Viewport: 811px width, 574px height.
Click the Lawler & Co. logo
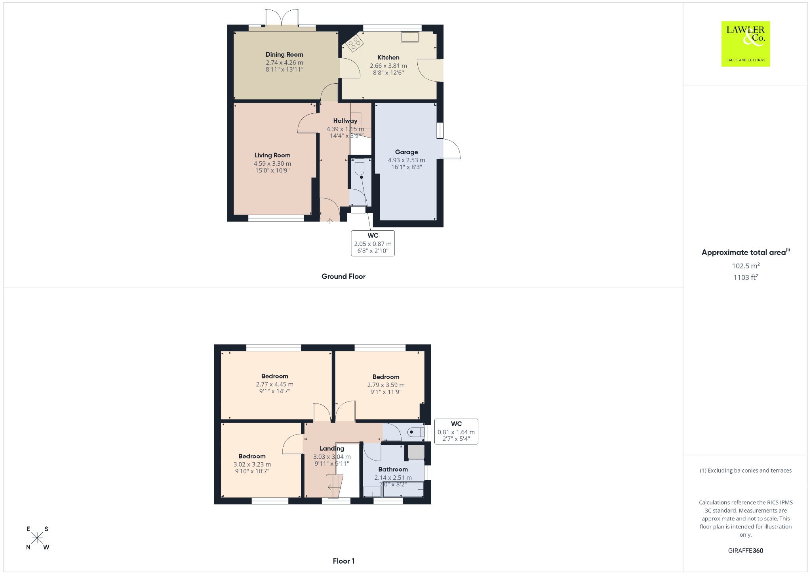(745, 44)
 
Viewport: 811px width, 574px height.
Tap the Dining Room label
(284, 55)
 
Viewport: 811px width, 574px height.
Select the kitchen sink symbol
(410, 36)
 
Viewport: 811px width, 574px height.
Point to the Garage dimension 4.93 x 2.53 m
(406, 160)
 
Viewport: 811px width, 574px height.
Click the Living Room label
(272, 155)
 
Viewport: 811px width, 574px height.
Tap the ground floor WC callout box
(373, 243)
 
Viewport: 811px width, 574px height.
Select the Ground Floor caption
(343, 277)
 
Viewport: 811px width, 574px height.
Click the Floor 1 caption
(344, 561)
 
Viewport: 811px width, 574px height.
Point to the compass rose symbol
(37, 538)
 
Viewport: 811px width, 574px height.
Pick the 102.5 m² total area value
(746, 266)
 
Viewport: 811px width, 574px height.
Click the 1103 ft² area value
(746, 277)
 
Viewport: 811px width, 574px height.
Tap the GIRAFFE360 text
(746, 551)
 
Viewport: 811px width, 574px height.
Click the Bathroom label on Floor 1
(393, 469)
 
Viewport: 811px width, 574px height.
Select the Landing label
(332, 449)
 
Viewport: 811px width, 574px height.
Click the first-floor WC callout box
(456, 431)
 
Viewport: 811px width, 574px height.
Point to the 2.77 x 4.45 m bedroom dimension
(275, 384)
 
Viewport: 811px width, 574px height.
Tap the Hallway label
(345, 121)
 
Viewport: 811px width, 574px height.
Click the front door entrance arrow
(330, 221)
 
